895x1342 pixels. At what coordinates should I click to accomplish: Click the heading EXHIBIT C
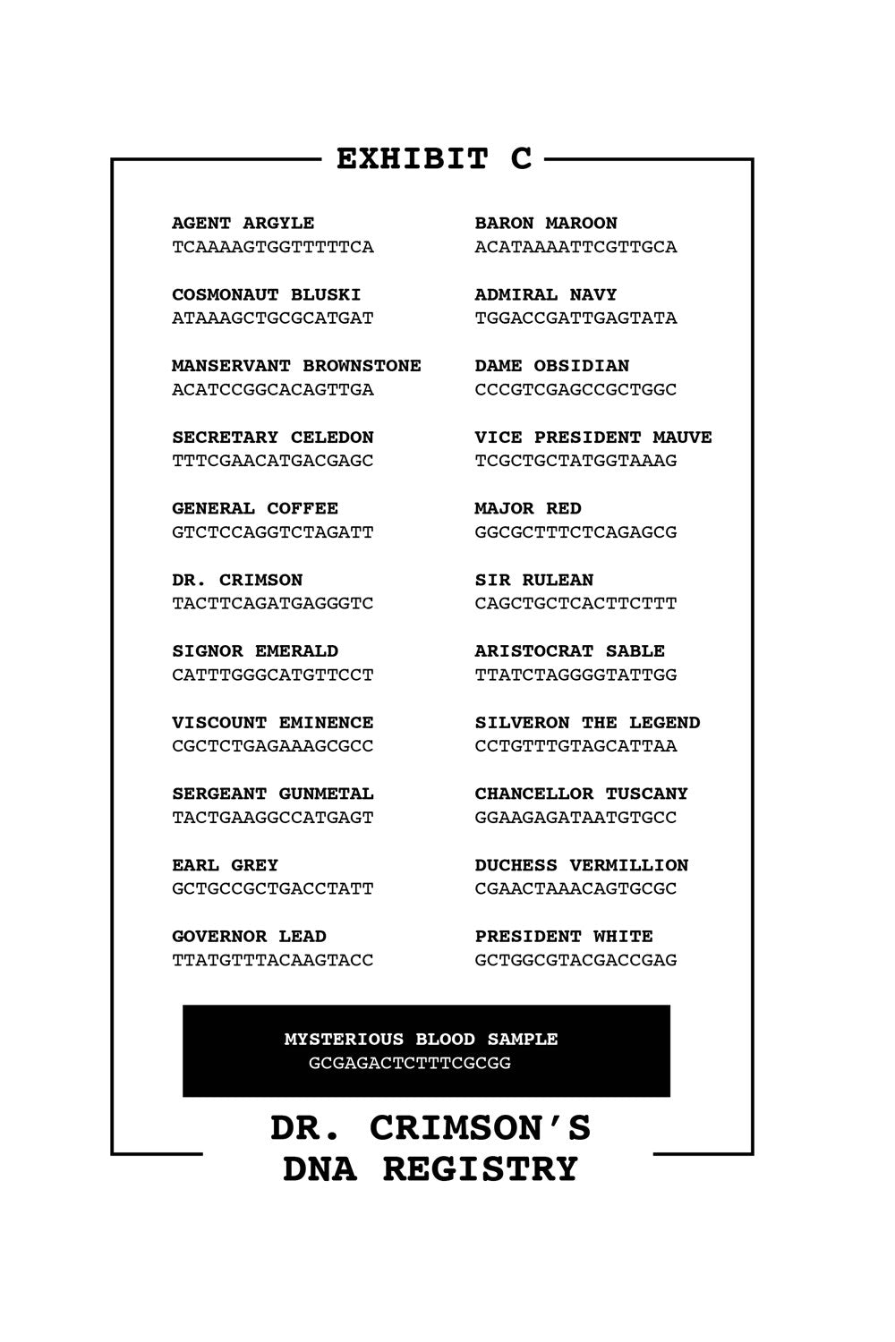(434, 159)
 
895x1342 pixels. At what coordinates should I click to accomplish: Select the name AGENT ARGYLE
(243, 223)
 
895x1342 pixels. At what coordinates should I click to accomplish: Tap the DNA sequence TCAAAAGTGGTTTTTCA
(272, 247)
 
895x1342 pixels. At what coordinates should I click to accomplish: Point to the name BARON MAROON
(545, 223)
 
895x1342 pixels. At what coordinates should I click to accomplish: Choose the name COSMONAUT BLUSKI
(266, 294)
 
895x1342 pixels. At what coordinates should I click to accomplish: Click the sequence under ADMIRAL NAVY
(575, 319)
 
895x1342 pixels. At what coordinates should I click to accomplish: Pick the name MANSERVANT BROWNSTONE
(296, 366)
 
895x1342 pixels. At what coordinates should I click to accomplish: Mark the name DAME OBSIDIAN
(551, 366)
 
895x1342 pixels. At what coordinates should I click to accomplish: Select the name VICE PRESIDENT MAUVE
(592, 437)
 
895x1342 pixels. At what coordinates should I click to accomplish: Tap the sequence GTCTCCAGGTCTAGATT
(272, 532)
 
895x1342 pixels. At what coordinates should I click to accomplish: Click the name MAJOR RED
(527, 509)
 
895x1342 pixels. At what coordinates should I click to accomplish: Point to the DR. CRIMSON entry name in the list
(237, 580)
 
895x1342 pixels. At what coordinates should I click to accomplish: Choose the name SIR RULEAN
(533, 580)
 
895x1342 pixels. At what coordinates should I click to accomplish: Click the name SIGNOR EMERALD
(255, 651)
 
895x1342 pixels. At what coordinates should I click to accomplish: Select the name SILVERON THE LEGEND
(587, 723)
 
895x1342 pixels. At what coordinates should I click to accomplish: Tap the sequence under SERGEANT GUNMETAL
(272, 818)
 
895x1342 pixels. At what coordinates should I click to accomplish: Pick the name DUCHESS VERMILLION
(581, 865)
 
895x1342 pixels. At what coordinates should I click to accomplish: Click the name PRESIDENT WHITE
(563, 937)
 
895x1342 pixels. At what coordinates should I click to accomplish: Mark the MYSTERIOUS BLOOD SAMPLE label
(421, 1040)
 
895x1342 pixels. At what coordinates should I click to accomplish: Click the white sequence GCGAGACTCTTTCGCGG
(409, 1064)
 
